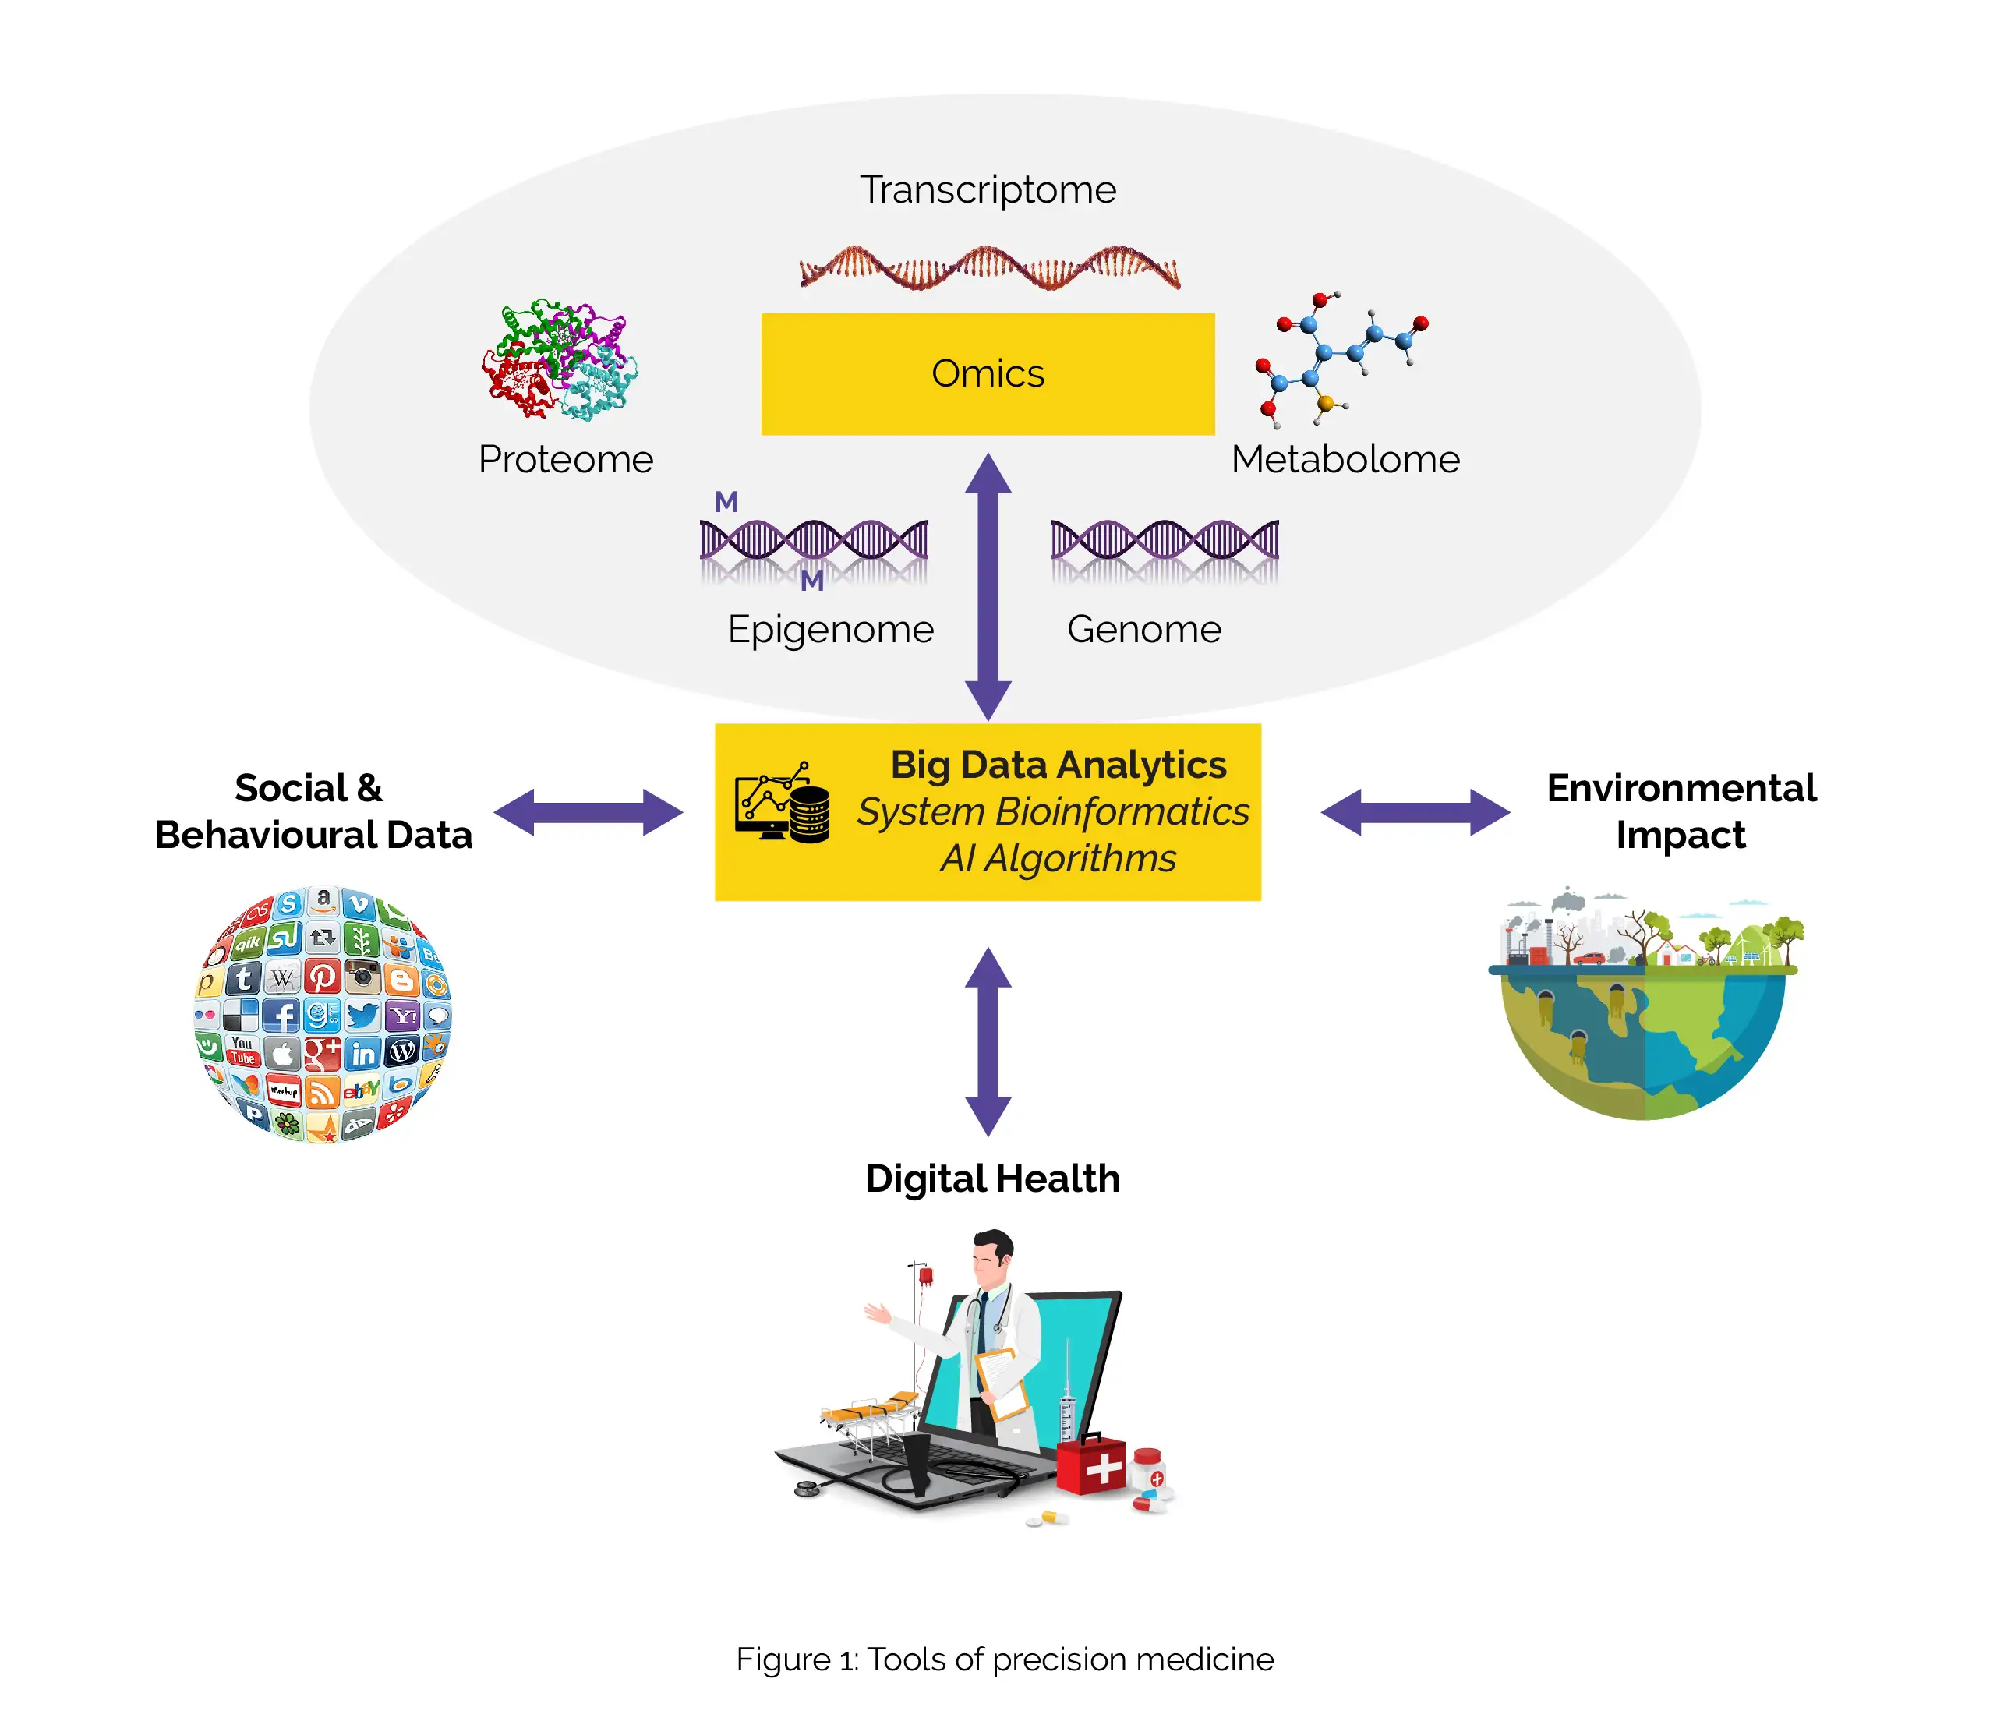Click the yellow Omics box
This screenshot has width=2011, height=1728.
[987, 374]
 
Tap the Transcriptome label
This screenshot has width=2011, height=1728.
[987, 189]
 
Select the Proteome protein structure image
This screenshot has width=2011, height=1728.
[560, 360]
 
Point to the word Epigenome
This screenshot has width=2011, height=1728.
[830, 629]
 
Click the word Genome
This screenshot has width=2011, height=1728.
[1143, 629]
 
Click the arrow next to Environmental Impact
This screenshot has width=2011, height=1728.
[1415, 812]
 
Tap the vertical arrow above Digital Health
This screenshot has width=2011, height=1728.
[988, 1041]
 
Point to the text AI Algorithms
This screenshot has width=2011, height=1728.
[1058, 859]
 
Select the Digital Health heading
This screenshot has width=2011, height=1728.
[992, 1179]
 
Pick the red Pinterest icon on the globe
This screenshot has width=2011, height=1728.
[322, 976]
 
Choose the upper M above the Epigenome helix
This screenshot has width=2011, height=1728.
[726, 502]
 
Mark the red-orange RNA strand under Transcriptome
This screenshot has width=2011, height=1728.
[989, 268]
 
